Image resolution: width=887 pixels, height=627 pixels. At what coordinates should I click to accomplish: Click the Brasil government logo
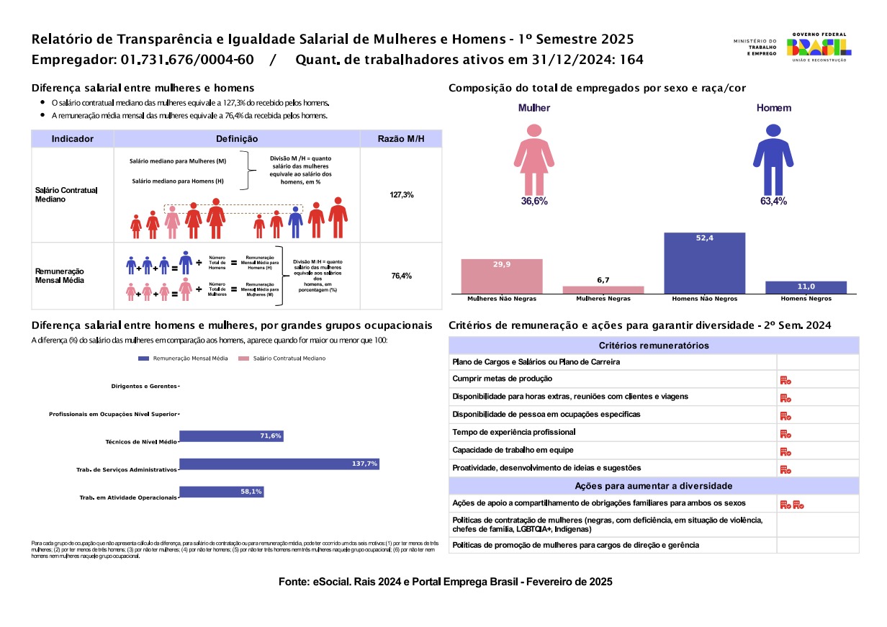tap(819, 46)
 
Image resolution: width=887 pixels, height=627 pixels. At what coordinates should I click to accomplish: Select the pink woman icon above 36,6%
tap(534, 158)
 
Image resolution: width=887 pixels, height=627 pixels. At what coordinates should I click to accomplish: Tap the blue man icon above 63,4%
tap(773, 158)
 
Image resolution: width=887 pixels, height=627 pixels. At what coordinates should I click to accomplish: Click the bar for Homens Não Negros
tap(704, 263)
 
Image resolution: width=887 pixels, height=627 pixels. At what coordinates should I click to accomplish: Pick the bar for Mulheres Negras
tap(603, 289)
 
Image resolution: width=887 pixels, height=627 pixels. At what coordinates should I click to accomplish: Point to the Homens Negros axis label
tap(806, 299)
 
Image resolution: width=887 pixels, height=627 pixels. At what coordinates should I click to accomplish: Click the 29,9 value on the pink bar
tap(502, 265)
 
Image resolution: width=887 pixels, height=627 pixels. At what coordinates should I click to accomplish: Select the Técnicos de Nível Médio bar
tap(231, 436)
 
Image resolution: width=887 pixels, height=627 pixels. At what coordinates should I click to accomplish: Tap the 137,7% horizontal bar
tap(279, 464)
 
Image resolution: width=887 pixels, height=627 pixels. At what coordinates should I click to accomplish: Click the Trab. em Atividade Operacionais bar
tap(221, 492)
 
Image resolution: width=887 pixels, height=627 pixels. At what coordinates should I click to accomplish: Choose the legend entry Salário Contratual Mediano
tap(284, 358)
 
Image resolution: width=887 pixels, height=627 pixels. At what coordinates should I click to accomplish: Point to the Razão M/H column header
tap(401, 139)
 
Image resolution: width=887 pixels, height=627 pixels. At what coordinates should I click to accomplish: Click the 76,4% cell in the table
tap(401, 276)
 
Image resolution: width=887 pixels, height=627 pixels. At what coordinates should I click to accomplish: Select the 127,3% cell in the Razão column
tap(401, 195)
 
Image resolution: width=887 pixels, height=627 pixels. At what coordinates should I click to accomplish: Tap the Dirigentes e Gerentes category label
tap(143, 387)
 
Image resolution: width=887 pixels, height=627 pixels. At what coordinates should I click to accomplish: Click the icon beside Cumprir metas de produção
tap(785, 380)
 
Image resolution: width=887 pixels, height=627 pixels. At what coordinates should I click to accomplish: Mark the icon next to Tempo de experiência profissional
tap(785, 434)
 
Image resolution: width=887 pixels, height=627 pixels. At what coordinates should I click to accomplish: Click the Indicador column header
tap(73, 139)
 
